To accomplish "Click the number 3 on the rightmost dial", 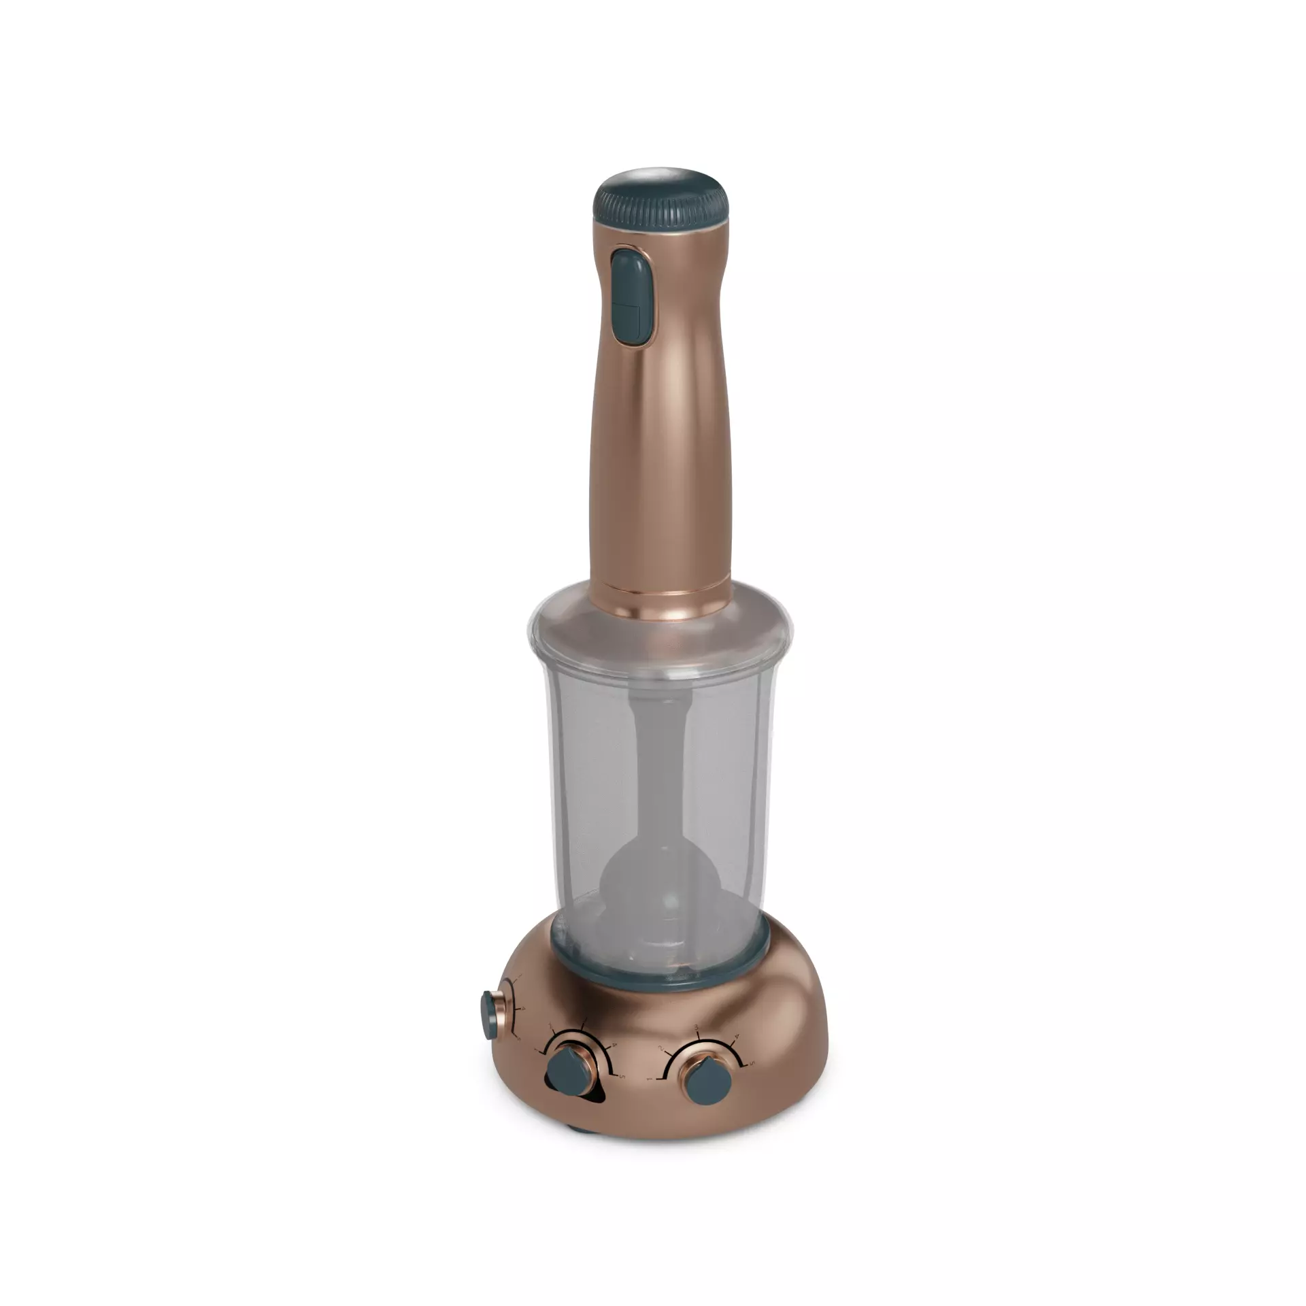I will (x=697, y=1028).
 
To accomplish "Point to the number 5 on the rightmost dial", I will (x=752, y=1063).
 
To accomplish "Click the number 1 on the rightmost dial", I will (x=649, y=1079).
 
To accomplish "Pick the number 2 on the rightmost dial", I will (x=660, y=1048).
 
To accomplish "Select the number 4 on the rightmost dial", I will (x=737, y=1037).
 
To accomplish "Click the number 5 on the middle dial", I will (x=622, y=1076).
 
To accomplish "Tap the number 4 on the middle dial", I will (x=614, y=1045).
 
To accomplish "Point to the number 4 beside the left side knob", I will (x=523, y=1009).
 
